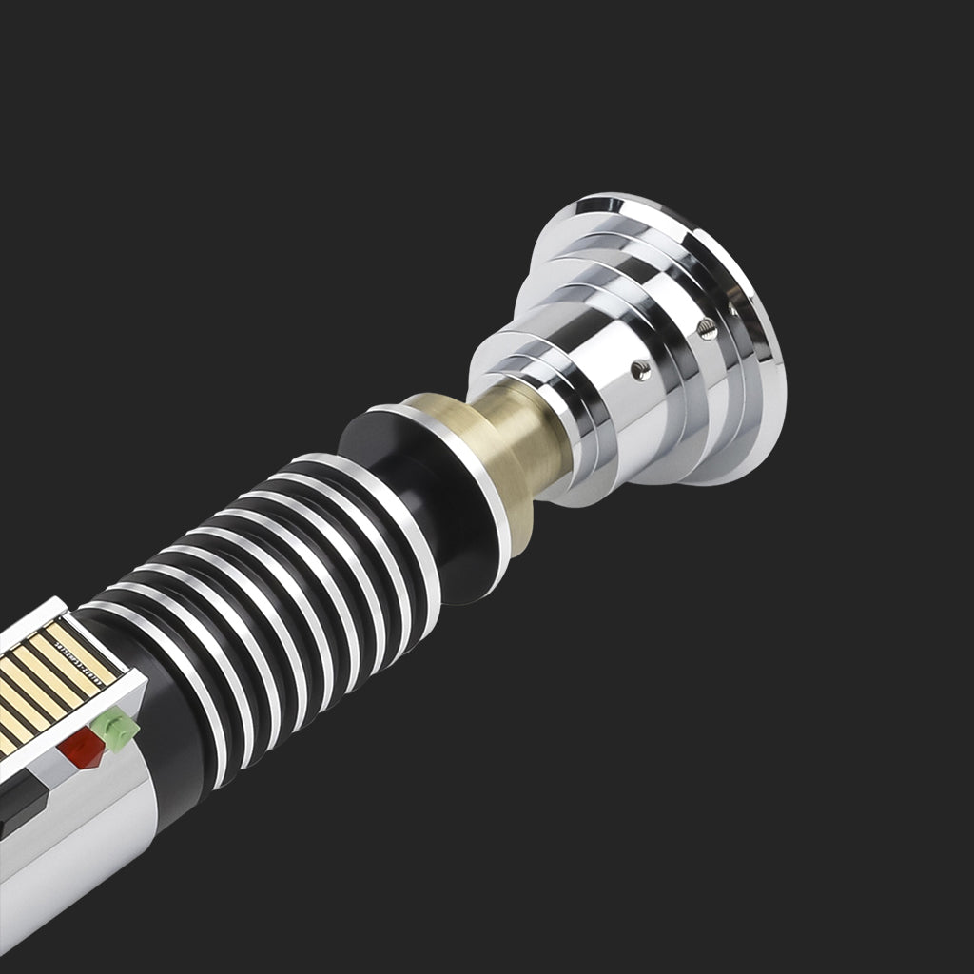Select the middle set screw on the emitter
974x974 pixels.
click(x=705, y=328)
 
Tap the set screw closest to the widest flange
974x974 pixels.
click(x=732, y=308)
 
